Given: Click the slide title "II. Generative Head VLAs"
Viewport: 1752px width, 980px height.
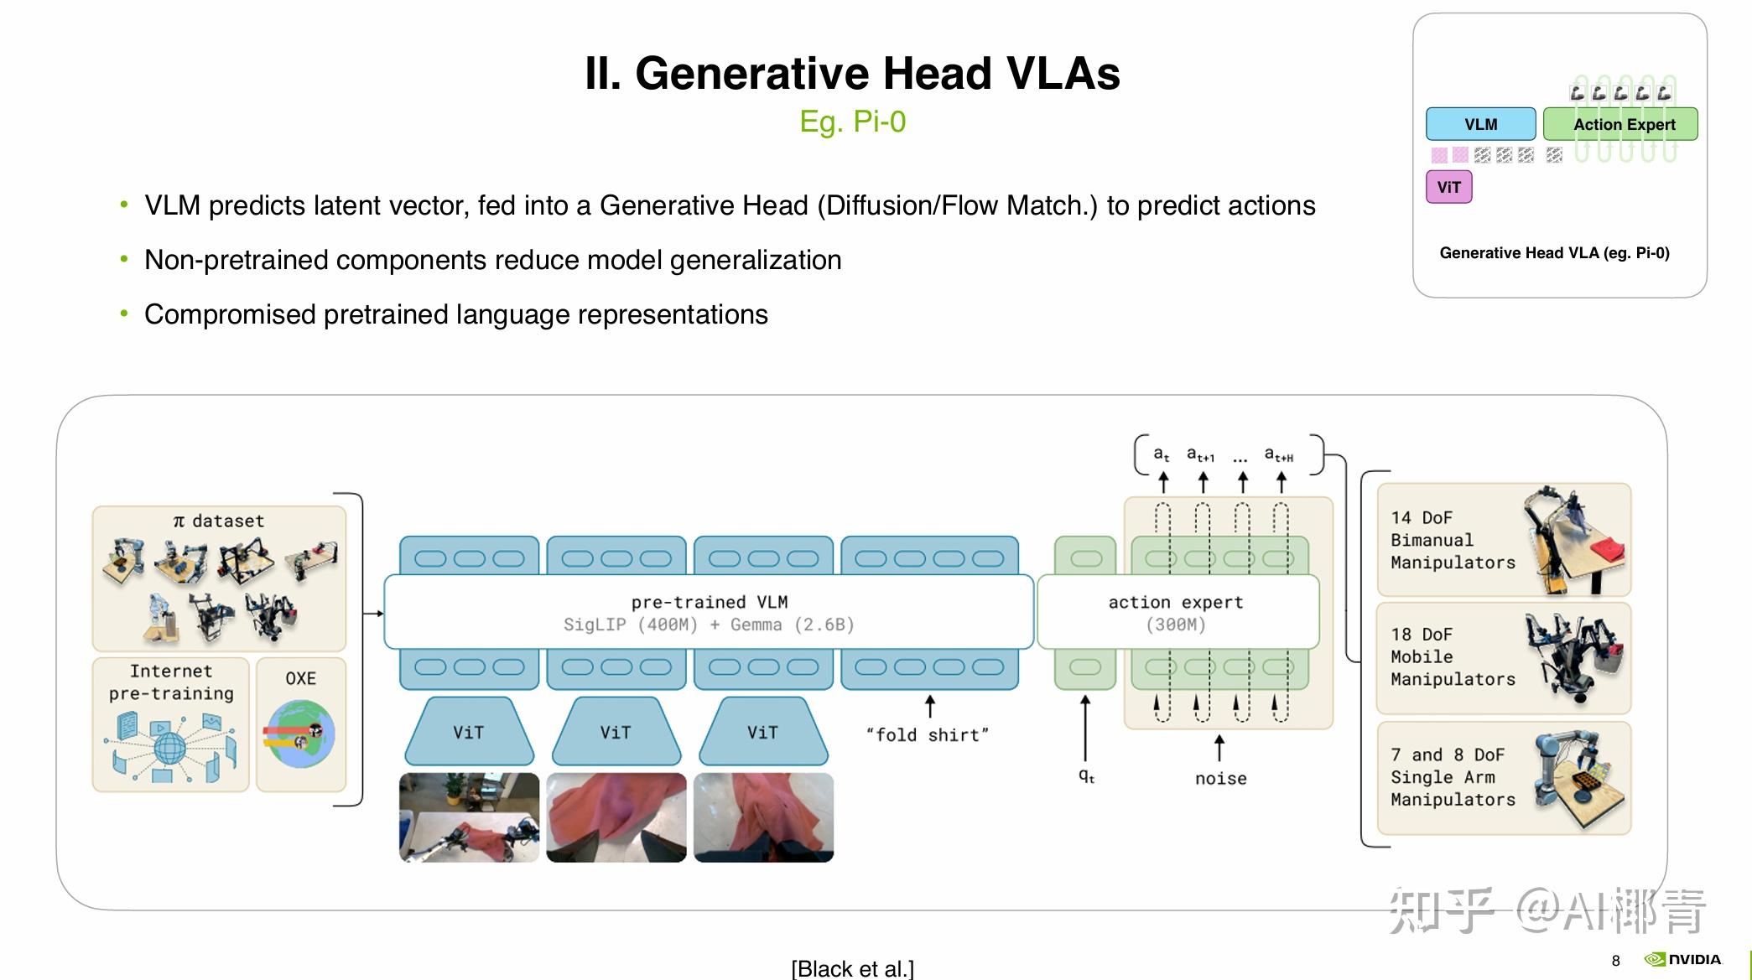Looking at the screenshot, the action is [852, 73].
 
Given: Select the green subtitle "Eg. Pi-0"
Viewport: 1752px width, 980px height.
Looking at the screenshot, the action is [852, 122].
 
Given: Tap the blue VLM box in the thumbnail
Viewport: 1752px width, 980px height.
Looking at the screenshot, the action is [1480, 124].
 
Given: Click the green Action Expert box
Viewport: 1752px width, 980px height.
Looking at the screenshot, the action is [1620, 124].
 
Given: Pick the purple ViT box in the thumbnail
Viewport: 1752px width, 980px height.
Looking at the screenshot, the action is [1448, 187].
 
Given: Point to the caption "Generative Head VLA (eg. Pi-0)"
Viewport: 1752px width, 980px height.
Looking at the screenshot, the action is [1554, 253].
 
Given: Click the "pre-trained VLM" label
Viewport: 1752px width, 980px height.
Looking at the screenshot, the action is [709, 602].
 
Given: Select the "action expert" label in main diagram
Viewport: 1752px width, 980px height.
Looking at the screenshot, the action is [1175, 602].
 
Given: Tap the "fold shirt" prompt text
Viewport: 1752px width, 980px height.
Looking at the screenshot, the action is [927, 735].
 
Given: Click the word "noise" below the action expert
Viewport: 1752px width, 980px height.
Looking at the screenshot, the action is [1220, 779].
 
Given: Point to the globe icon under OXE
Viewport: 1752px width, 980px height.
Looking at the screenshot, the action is [300, 734].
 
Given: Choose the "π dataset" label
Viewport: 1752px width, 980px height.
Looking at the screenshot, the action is [218, 521].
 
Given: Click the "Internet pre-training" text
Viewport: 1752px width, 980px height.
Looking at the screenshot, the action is [171, 682].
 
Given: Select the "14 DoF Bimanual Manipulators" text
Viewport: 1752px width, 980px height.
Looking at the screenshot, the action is [1453, 540].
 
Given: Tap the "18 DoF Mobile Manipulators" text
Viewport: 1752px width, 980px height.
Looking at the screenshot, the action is [1453, 656].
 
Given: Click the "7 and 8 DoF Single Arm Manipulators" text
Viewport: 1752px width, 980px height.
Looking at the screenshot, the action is [1453, 777].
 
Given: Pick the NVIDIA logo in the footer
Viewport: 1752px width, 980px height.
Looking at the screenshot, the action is [1682, 959].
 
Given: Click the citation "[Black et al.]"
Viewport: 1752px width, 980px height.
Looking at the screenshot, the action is [852, 968].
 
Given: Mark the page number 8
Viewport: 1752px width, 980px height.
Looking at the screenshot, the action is [1615, 961].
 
